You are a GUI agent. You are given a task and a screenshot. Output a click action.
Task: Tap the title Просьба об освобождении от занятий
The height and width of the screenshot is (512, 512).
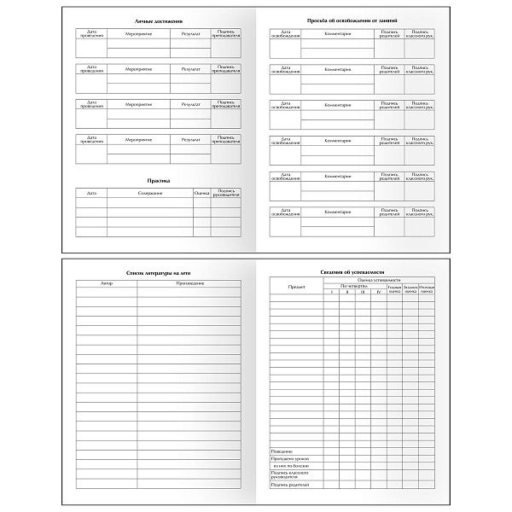[x=352, y=19]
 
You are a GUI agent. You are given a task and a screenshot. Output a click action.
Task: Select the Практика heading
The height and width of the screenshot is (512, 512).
[x=158, y=181]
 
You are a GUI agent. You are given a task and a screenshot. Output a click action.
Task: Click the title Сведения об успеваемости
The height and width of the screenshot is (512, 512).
[x=352, y=271]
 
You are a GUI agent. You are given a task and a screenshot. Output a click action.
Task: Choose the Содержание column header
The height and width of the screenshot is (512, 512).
[x=149, y=194]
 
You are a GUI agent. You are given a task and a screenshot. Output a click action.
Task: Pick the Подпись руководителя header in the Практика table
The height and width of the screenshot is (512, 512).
[x=226, y=193]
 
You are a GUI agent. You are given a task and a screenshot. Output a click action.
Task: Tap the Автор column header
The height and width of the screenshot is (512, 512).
[x=107, y=282]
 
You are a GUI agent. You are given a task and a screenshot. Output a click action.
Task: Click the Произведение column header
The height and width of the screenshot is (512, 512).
[x=189, y=282]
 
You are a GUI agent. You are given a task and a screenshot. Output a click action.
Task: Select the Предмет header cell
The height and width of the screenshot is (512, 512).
[x=296, y=288]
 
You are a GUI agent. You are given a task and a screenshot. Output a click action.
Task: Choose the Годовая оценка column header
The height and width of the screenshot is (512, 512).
[x=394, y=289]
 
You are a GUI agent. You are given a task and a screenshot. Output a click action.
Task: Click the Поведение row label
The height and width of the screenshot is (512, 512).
[x=282, y=450]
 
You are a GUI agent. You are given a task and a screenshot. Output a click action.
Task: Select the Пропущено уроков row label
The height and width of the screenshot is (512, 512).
[x=288, y=458]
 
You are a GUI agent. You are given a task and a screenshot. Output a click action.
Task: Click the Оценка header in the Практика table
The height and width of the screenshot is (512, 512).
[x=201, y=194]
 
